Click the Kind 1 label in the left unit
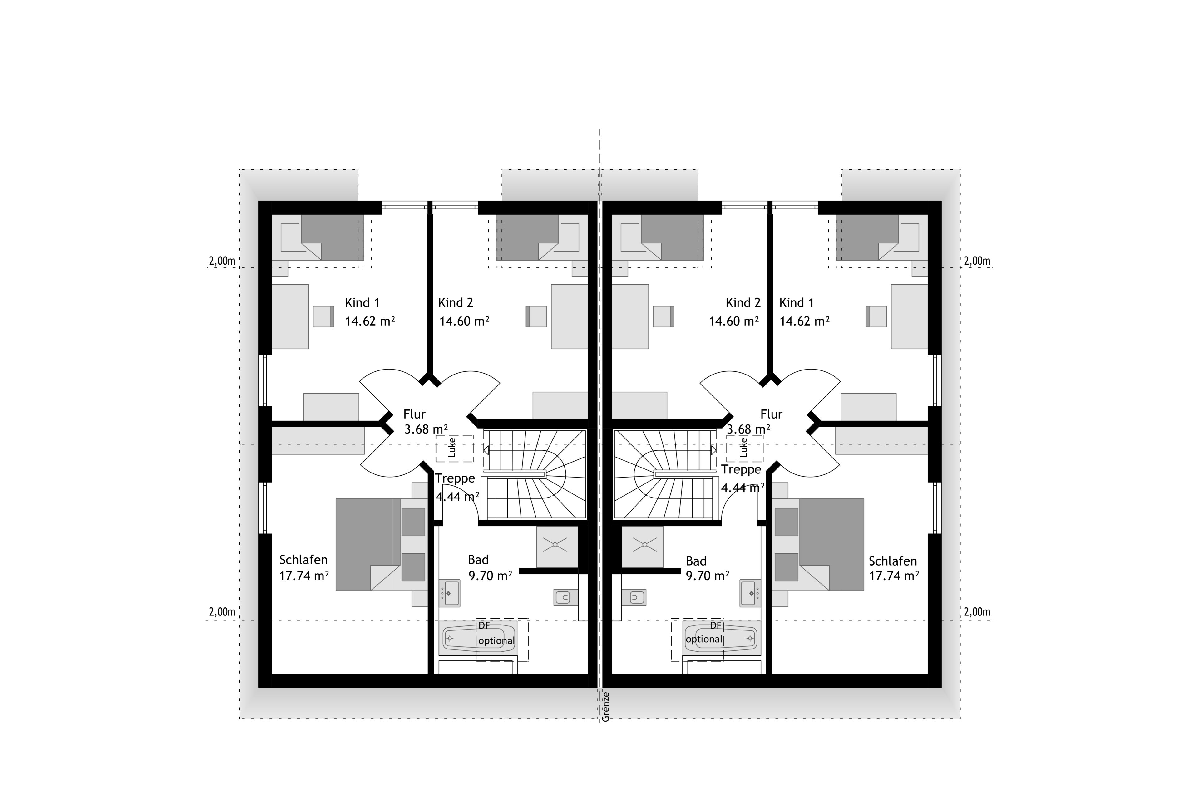[x=362, y=303]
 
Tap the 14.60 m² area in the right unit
[x=733, y=321]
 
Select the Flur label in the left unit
[x=414, y=414]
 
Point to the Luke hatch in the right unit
[x=745, y=449]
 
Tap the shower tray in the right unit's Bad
[x=642, y=546]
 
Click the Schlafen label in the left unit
[x=303, y=560]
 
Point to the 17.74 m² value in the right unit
[x=894, y=576]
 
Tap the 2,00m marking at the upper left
[x=222, y=261]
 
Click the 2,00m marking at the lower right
[x=977, y=612]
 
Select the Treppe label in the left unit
[x=455, y=478]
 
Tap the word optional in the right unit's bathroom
[x=704, y=639]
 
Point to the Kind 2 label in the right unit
[x=743, y=303]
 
